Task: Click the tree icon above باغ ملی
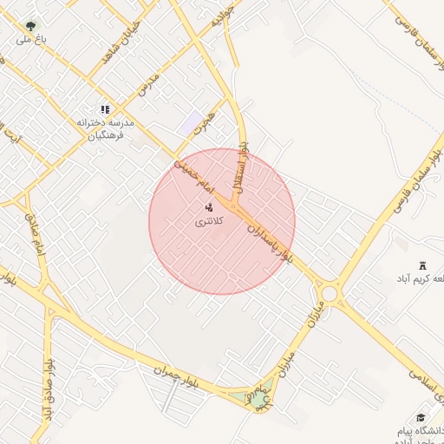coord(31,27)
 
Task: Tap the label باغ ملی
coord(31,40)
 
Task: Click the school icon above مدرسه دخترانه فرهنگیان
coord(105,109)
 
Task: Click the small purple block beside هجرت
coord(191,123)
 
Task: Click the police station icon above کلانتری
coord(208,208)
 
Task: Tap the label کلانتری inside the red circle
coord(208,222)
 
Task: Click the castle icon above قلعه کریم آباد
coord(422,264)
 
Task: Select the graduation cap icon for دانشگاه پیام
coord(421,417)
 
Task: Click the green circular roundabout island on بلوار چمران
coord(259,398)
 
